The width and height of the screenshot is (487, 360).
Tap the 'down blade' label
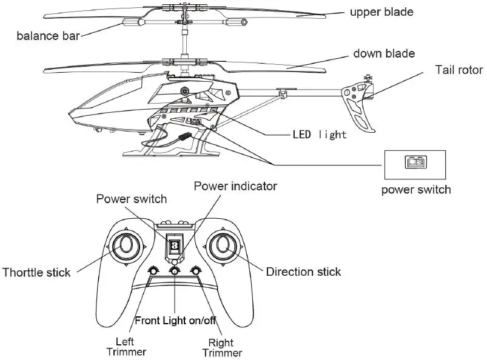384,53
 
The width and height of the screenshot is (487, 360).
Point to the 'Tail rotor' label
458,69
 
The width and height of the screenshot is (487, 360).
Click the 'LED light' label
319,134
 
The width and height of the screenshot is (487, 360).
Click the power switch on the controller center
175,245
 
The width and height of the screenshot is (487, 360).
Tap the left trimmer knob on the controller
153,272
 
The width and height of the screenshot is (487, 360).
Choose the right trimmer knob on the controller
196,272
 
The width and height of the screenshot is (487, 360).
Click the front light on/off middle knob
175,272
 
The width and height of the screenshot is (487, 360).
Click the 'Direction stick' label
303,272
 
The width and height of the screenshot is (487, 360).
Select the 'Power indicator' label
235,186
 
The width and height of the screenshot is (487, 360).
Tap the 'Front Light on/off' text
175,321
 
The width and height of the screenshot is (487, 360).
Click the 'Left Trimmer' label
126,346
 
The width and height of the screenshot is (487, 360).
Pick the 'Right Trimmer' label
221,347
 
